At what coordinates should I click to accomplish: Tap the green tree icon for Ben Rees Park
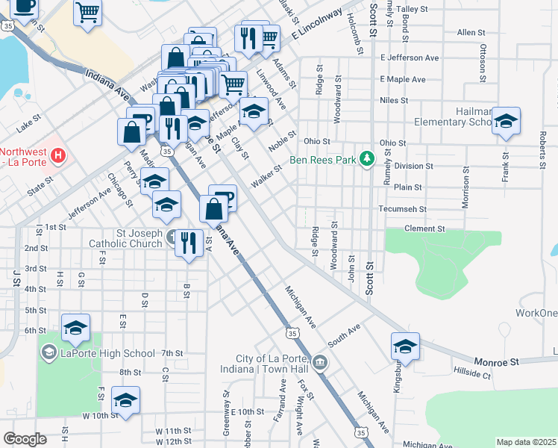click(x=366, y=158)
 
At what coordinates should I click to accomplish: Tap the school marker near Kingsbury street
click(x=405, y=346)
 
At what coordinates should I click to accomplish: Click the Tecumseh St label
click(x=401, y=210)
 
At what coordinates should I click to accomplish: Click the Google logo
click(x=25, y=439)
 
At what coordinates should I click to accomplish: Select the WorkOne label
click(x=536, y=312)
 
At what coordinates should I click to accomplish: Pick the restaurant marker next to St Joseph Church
click(x=189, y=243)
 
